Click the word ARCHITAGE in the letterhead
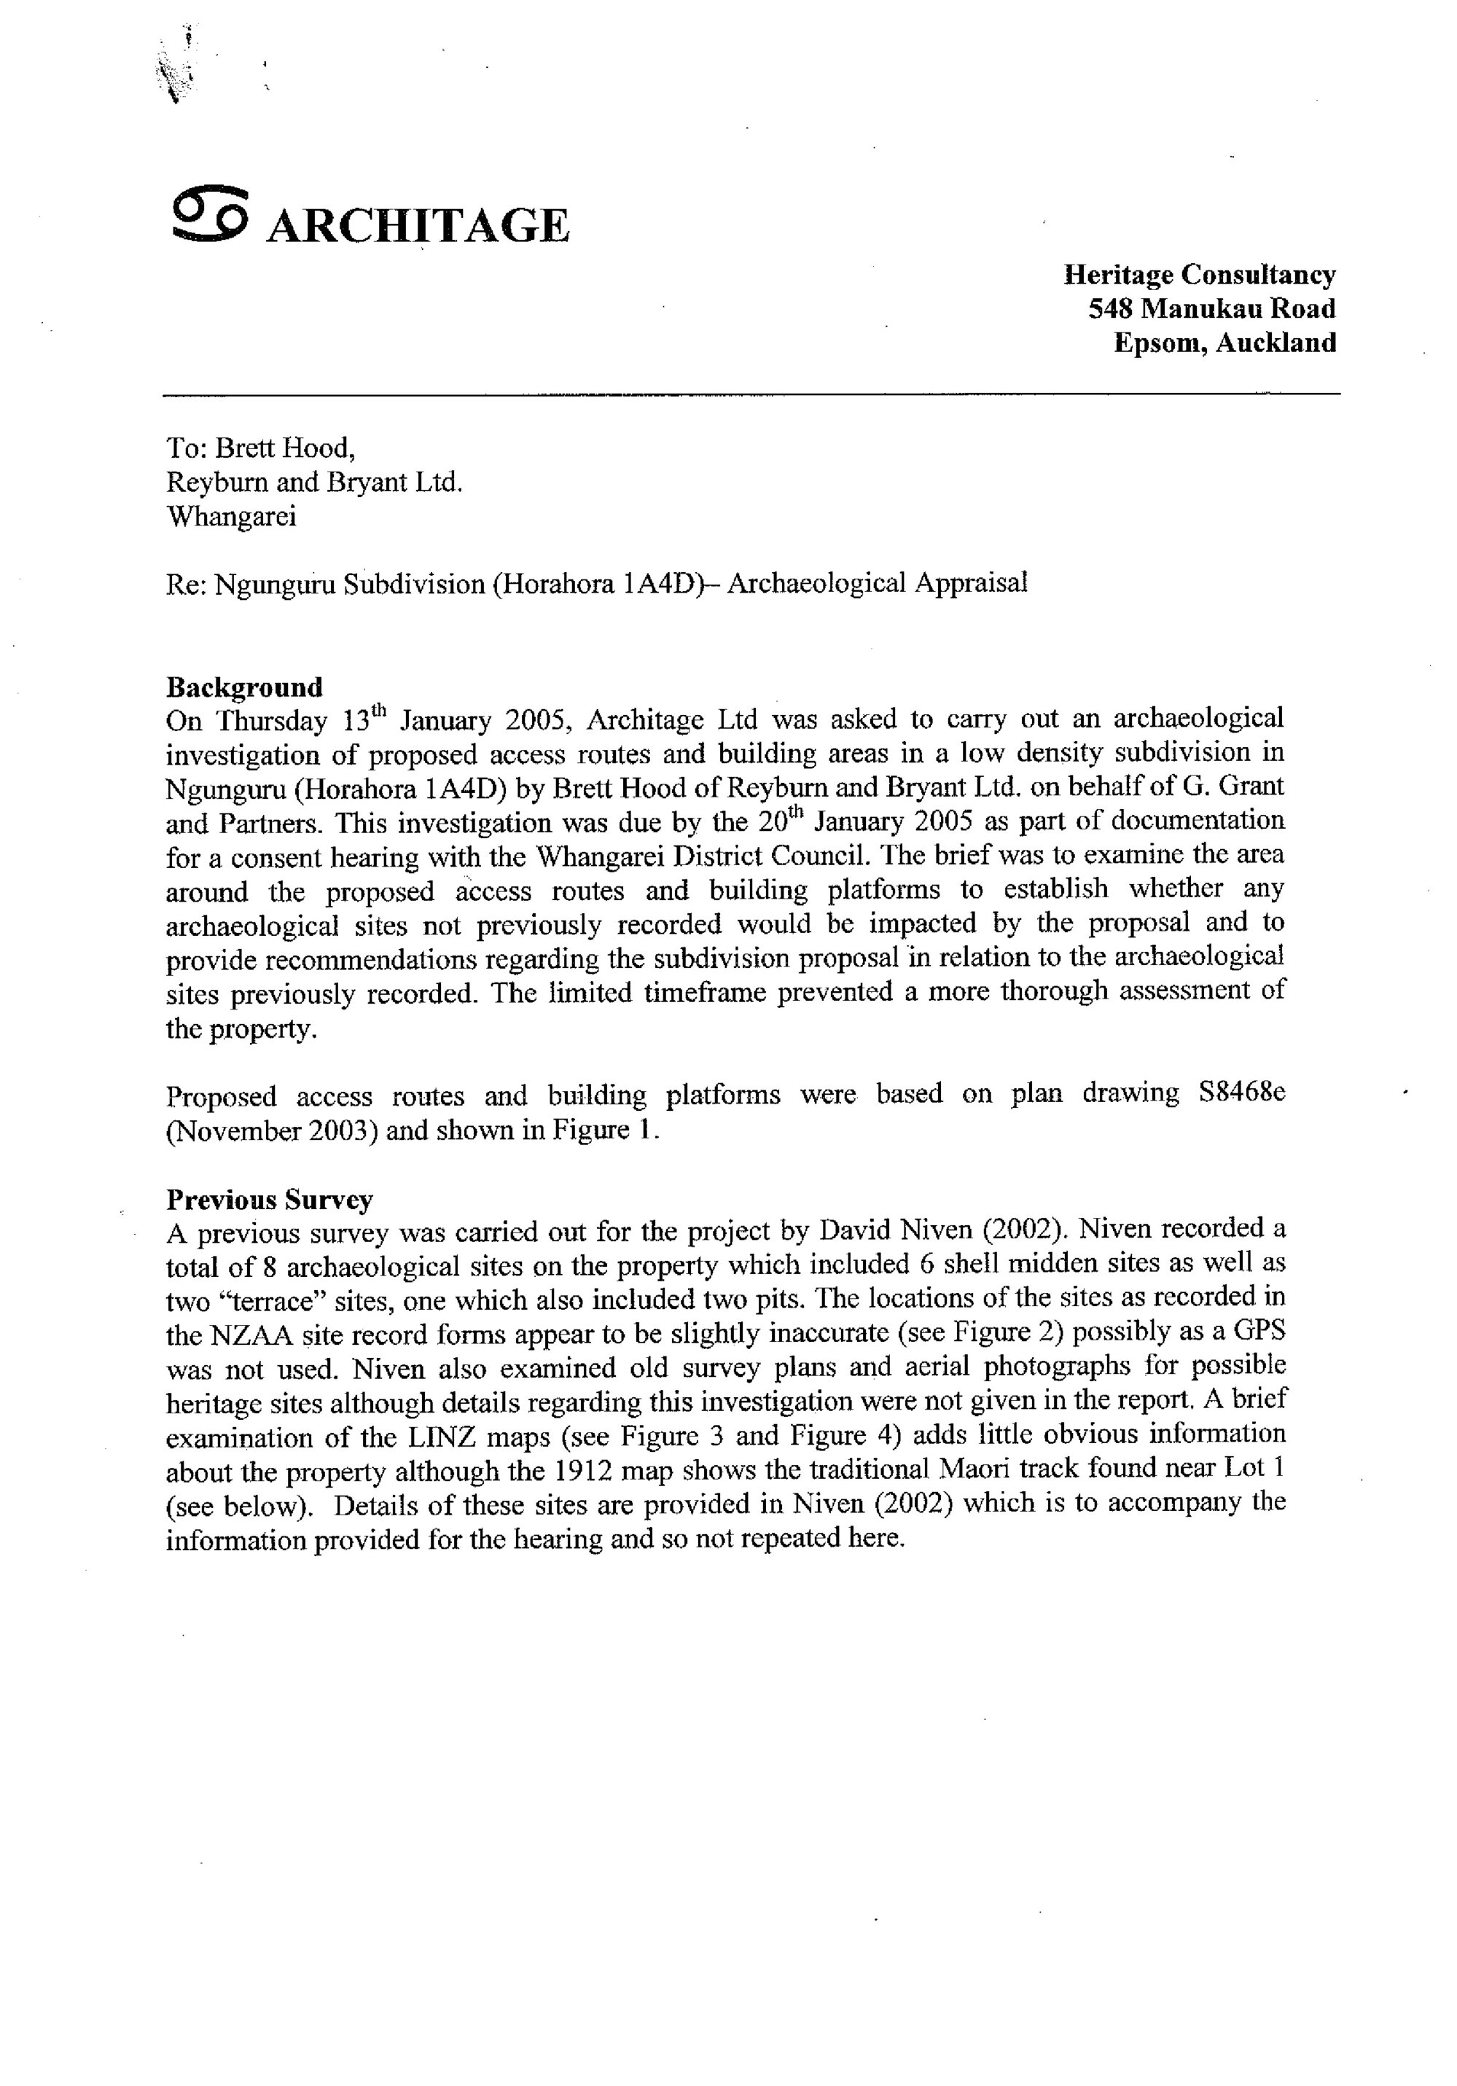pyautogui.click(x=418, y=225)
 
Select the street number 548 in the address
pyautogui.click(x=1110, y=309)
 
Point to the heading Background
pyautogui.click(x=243, y=687)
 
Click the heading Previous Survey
pyautogui.click(x=269, y=1200)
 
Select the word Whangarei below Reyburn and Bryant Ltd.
pyautogui.click(x=231, y=516)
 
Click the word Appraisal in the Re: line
pyautogui.click(x=970, y=583)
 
